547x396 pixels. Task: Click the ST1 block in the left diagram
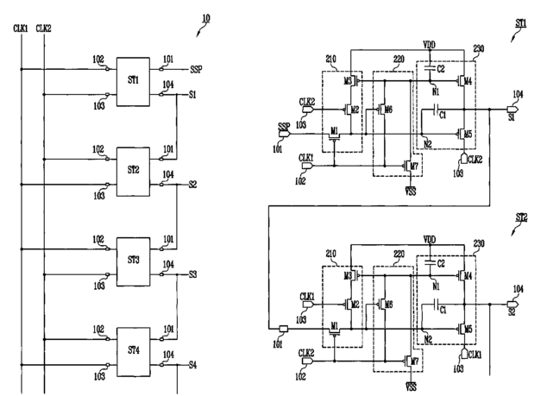pyautogui.click(x=133, y=82)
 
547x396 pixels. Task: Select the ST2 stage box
pyautogui.click(x=133, y=172)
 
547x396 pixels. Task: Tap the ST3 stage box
pyautogui.click(x=133, y=261)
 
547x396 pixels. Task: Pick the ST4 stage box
pyautogui.click(x=133, y=352)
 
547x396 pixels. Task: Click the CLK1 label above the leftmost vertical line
pyautogui.click(x=21, y=28)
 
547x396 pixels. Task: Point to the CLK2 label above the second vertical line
pyautogui.click(x=44, y=28)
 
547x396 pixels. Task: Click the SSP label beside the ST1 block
pyautogui.click(x=196, y=69)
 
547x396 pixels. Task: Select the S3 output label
pyautogui.click(x=193, y=274)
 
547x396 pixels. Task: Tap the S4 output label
pyautogui.click(x=193, y=365)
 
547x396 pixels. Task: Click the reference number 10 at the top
pyautogui.click(x=206, y=18)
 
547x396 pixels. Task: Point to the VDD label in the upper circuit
pyautogui.click(x=430, y=45)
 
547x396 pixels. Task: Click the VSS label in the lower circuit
pyautogui.click(x=412, y=387)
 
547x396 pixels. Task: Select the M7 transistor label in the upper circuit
pyautogui.click(x=414, y=166)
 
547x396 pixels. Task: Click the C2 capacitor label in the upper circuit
pyautogui.click(x=441, y=69)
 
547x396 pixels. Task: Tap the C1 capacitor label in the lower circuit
pyautogui.click(x=443, y=310)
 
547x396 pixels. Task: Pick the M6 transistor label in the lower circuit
pyautogui.click(x=388, y=305)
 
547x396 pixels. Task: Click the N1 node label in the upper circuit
pyautogui.click(x=436, y=91)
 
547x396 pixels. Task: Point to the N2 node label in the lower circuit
pyautogui.click(x=428, y=339)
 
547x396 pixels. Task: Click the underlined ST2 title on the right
pyautogui.click(x=521, y=217)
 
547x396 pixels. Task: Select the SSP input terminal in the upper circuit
pyautogui.click(x=285, y=134)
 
